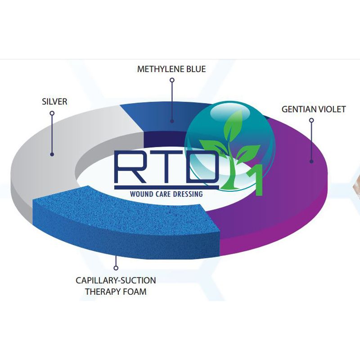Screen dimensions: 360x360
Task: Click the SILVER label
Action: point(54,102)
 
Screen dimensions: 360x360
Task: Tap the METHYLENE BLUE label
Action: point(171,69)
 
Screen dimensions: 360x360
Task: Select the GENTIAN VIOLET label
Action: point(314,109)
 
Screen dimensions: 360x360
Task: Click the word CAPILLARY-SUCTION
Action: point(116,280)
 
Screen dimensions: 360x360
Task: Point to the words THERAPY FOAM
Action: point(116,292)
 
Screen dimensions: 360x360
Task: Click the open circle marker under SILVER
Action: point(52,113)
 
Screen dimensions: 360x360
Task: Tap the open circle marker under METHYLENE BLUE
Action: point(172,80)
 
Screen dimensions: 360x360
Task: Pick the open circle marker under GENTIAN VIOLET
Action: point(311,120)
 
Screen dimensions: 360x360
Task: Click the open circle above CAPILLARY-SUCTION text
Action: point(116,268)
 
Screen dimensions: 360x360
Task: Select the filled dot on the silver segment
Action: point(52,154)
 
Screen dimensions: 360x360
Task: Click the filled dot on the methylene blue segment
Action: point(172,121)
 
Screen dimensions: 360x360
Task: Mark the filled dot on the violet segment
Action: point(311,162)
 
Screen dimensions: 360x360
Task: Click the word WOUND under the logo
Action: point(140,194)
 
